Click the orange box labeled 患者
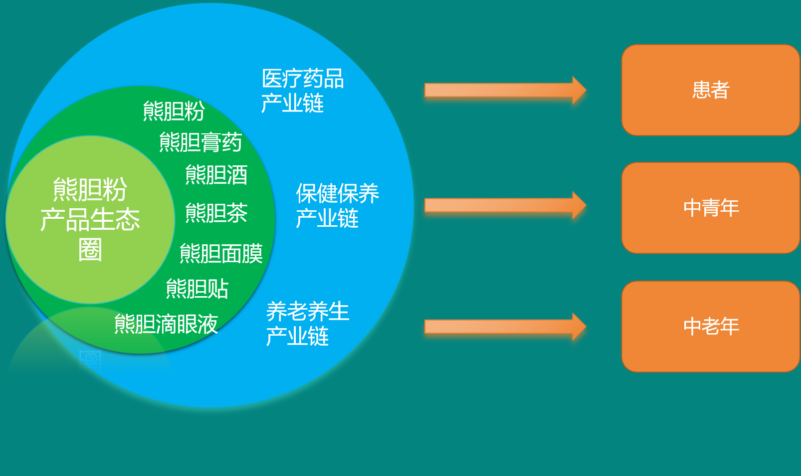coord(711,90)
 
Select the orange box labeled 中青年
coord(711,208)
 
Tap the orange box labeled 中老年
coord(711,326)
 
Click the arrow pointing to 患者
coord(505,90)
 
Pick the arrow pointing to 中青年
coord(505,205)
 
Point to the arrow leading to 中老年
coord(505,327)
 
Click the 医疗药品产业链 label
coord(303,90)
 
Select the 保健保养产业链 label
coord(337,205)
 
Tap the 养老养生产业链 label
coord(308,324)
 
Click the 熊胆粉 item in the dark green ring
coord(174,111)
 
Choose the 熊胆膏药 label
coord(200,142)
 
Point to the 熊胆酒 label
coord(216,175)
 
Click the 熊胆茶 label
coord(216,213)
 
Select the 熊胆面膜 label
coord(221,253)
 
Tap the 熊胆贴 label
coord(197,288)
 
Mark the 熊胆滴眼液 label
coord(166,324)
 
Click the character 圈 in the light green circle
coord(90,249)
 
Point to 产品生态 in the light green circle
coord(90,219)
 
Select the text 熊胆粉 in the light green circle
coord(90,189)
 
